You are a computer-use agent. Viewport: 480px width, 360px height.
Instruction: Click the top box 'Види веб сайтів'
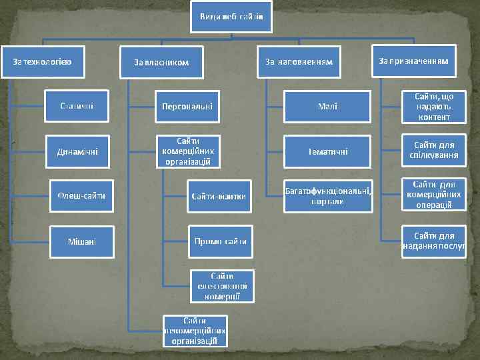[231, 16]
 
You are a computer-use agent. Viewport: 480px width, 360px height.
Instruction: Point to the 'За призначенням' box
[413, 61]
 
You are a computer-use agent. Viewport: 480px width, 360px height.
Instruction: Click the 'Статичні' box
[77, 105]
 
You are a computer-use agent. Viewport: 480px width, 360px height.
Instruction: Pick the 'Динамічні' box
[77, 151]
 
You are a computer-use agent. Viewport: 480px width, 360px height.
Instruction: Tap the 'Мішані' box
[81, 240]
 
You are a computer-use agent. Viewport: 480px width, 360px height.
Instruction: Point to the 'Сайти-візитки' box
[219, 196]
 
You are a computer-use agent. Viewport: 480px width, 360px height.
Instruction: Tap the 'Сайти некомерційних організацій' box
[195, 331]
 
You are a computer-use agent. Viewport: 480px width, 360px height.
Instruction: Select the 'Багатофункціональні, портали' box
[327, 196]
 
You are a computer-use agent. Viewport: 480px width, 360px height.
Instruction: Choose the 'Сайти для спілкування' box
[434, 151]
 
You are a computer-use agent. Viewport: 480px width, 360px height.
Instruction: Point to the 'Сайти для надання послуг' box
[434, 241]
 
